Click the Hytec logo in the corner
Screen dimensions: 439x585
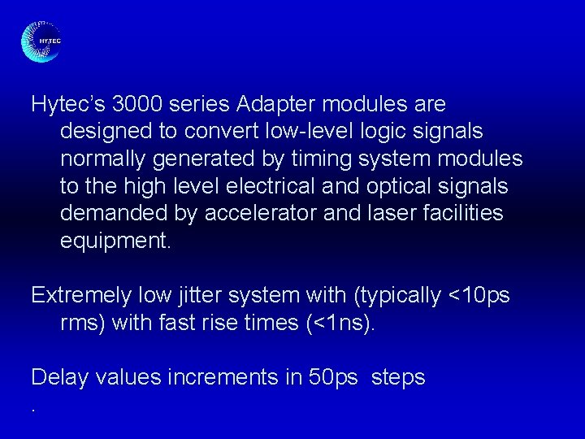41,41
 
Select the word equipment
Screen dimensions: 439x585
115,241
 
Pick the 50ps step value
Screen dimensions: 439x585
333,378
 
